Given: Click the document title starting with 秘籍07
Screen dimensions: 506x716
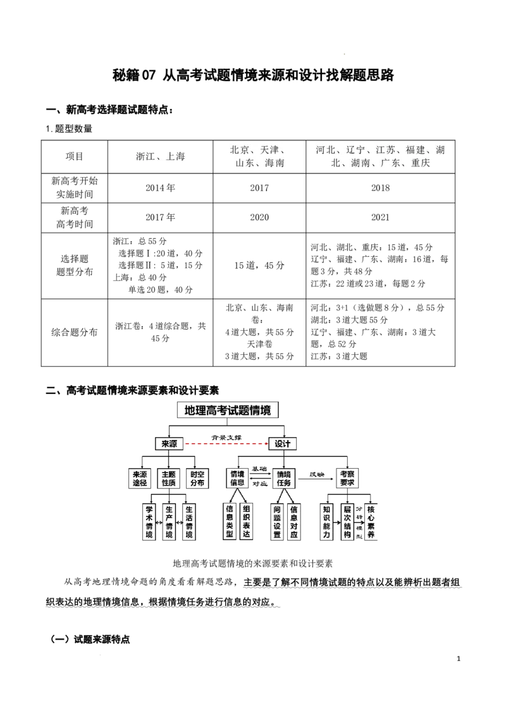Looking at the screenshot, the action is (253, 75).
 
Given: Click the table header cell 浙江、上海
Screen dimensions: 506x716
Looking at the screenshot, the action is (160, 157).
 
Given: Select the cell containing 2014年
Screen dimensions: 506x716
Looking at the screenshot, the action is (160, 188).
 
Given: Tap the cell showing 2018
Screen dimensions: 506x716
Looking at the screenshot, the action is (380, 188).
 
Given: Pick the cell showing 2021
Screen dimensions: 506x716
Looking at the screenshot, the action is (380, 218).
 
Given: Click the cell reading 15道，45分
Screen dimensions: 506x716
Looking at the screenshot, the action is (259, 265).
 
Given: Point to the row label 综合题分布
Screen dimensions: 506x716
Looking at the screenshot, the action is (75, 333).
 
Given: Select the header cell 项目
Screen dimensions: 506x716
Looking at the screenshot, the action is (75, 157).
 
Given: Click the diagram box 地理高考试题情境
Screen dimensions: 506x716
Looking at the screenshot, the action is (228, 410).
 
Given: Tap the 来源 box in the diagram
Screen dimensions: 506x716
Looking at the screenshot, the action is (169, 443).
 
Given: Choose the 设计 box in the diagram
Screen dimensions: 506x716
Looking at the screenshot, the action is (283, 443).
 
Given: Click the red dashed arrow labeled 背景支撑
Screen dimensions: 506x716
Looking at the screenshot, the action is (226, 443).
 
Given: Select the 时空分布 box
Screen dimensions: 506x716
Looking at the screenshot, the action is (197, 479).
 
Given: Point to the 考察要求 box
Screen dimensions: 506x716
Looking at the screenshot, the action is (347, 479).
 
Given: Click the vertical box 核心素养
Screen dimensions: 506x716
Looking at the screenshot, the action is (371, 521).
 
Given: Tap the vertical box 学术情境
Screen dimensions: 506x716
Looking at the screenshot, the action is (149, 521).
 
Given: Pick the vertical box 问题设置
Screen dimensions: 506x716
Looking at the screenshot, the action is (277, 521).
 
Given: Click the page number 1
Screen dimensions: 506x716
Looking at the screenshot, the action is (459, 658).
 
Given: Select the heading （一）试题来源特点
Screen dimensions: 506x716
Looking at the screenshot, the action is (90, 639).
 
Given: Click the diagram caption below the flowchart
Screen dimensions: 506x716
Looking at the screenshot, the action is (252, 564).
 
